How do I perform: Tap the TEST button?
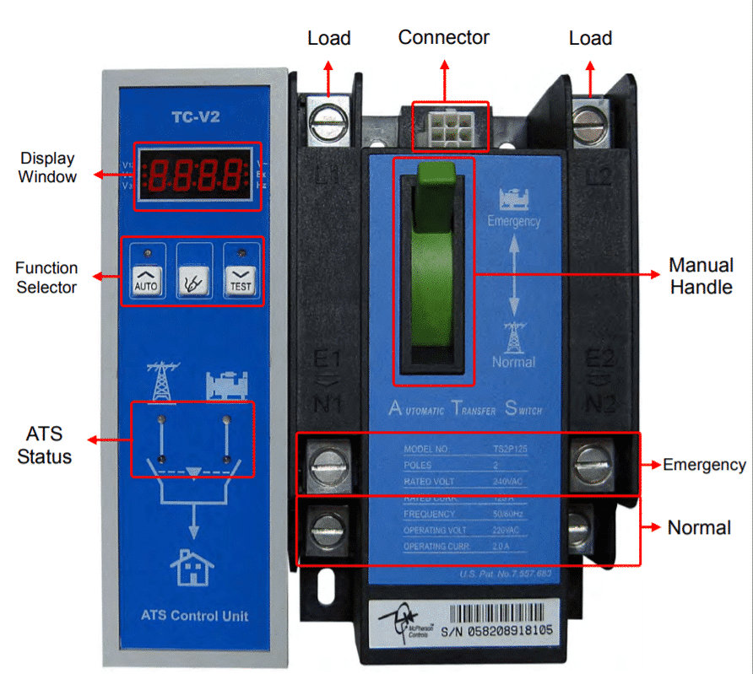click(x=241, y=281)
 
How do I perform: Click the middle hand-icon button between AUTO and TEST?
click(x=192, y=281)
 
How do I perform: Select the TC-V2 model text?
click(x=196, y=117)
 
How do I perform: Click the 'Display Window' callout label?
click(x=47, y=167)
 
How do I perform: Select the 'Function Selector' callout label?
click(x=46, y=278)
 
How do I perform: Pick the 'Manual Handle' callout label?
click(x=701, y=276)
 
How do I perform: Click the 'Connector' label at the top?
click(x=444, y=37)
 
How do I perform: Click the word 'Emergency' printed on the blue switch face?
click(x=513, y=221)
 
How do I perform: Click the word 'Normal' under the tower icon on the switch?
click(x=513, y=362)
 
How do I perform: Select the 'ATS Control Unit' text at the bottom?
click(x=195, y=616)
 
